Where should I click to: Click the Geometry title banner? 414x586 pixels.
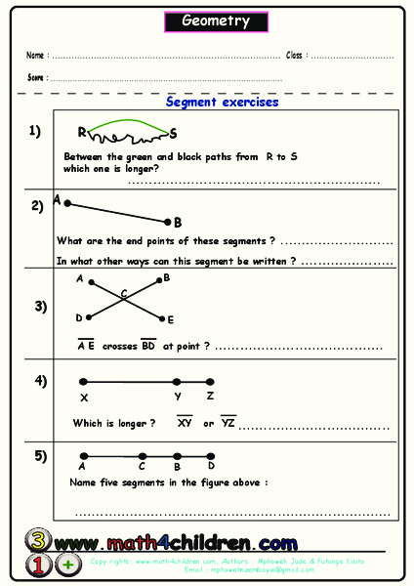click(216, 21)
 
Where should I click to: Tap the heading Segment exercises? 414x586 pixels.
click(222, 102)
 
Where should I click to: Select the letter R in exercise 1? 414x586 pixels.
click(83, 132)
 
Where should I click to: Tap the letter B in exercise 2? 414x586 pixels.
click(178, 223)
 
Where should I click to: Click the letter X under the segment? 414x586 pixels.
click(84, 398)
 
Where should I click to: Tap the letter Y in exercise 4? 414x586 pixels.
click(178, 397)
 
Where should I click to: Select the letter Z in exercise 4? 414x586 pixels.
click(210, 397)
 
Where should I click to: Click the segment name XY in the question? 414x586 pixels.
click(184, 423)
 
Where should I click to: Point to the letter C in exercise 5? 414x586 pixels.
click(143, 467)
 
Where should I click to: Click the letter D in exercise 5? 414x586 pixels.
click(210, 467)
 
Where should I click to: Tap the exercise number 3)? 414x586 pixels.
click(40, 306)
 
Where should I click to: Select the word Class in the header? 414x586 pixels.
click(295, 55)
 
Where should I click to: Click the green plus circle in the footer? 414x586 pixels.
click(68, 565)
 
